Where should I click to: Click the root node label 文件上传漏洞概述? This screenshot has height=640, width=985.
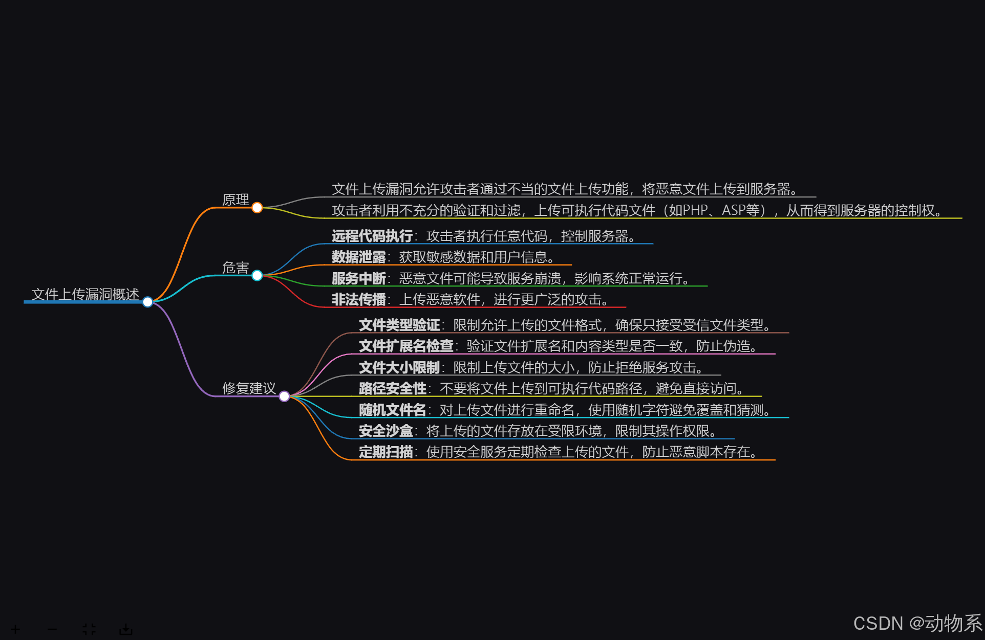click(x=85, y=294)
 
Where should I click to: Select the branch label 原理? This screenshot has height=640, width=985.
click(x=235, y=200)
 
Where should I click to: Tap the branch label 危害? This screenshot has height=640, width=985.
click(x=235, y=268)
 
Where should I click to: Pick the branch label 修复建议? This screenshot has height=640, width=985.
click(x=249, y=388)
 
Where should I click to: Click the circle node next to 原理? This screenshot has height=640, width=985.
click(x=257, y=208)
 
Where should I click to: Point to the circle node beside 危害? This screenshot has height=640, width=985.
click(x=257, y=276)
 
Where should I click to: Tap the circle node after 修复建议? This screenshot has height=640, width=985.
click(x=284, y=396)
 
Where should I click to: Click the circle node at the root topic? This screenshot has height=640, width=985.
click(x=147, y=302)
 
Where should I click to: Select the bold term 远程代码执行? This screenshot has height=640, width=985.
click(x=372, y=236)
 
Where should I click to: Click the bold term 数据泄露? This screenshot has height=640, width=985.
click(x=358, y=257)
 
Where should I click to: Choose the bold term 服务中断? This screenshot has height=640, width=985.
click(x=358, y=278)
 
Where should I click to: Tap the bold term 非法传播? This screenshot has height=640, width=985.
click(x=358, y=299)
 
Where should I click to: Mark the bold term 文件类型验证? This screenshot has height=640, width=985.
click(x=399, y=325)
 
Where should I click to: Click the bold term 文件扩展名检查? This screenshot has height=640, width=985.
click(x=406, y=346)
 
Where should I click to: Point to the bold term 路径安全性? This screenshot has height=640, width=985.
click(x=392, y=389)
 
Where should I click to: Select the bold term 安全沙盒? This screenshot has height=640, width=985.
click(x=386, y=431)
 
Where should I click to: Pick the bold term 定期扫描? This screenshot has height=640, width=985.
click(x=386, y=452)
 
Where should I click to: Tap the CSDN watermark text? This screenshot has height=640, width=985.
click(x=917, y=623)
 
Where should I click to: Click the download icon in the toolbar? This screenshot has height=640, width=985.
click(x=125, y=629)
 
